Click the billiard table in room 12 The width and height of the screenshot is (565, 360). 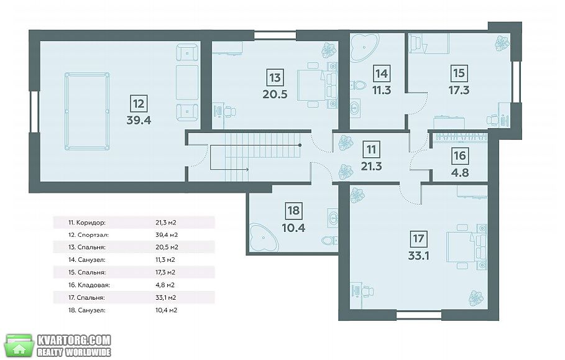87,111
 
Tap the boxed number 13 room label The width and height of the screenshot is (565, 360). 275,78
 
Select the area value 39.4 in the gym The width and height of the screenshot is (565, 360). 139,120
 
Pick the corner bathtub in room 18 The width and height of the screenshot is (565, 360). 263,236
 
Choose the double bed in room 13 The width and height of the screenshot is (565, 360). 317,85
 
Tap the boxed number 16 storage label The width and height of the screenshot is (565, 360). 460,155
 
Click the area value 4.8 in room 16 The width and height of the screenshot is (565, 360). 460,173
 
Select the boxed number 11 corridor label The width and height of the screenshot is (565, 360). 372,149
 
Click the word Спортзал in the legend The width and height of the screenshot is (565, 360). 93,235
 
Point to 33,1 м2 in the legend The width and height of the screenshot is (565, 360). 166,298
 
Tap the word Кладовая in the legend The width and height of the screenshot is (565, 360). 94,285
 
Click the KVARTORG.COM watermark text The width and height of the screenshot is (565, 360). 74,340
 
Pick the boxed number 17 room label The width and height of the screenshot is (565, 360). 418,239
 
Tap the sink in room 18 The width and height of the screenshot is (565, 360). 333,218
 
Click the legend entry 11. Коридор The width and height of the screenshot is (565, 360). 87,223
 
